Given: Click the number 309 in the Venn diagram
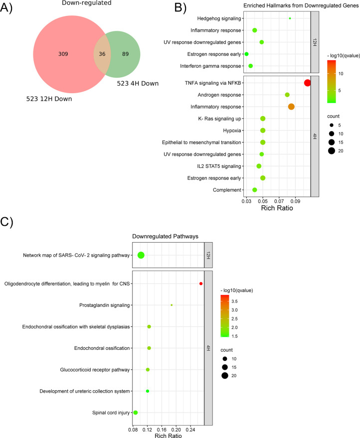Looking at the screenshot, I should click(77, 54).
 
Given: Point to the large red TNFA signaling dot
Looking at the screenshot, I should click(307, 83).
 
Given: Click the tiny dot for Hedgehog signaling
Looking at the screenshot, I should click(290, 18).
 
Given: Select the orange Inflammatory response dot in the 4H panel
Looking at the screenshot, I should click(291, 107).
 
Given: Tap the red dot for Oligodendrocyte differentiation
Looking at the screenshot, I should click(200, 284).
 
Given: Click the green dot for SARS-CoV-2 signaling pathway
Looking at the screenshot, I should click(141, 255).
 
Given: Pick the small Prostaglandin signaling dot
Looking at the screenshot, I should click(172, 305).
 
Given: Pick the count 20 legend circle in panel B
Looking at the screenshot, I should click(331, 150).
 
